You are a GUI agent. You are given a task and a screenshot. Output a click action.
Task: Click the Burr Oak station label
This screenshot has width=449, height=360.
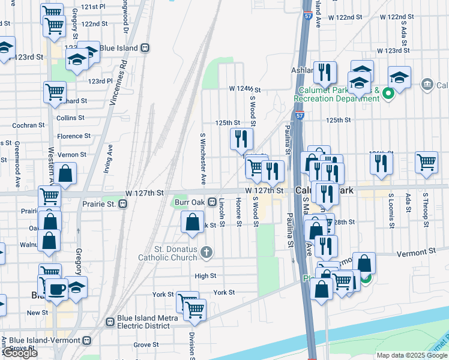click(x=189, y=202)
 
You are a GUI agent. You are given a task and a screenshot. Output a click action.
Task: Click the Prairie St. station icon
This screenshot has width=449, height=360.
click(x=122, y=204)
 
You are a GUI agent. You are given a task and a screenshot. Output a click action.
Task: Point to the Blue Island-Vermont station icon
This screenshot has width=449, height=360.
click(x=87, y=341)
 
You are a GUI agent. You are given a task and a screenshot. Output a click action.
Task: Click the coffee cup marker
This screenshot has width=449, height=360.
click(x=57, y=289)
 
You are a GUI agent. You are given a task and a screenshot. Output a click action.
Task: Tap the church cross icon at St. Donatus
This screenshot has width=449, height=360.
click(x=206, y=251)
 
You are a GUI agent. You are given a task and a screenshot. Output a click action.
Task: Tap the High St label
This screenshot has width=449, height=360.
click(x=205, y=276)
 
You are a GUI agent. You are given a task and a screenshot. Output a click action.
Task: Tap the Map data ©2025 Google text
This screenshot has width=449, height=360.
click(x=411, y=355)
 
